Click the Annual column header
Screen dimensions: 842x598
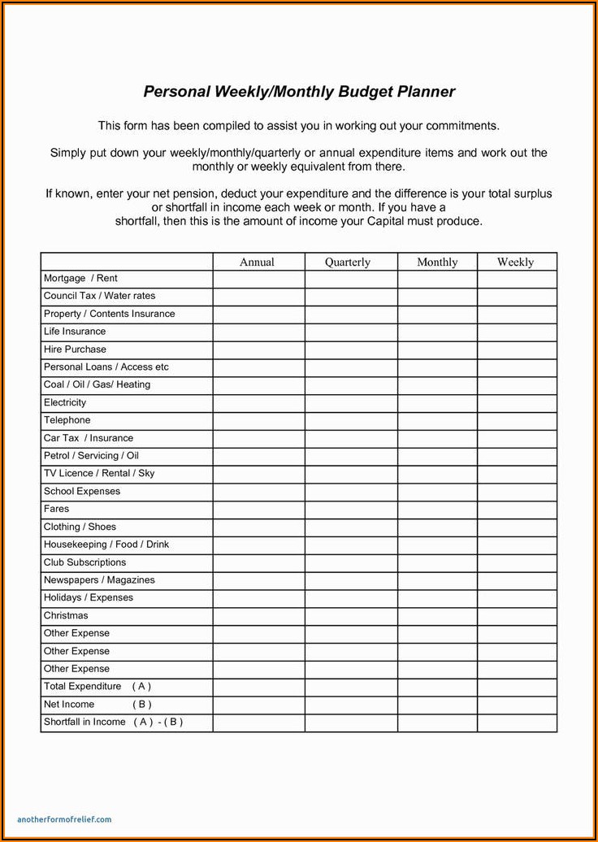(x=257, y=262)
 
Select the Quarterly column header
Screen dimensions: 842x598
(x=348, y=262)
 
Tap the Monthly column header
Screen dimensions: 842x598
(x=437, y=262)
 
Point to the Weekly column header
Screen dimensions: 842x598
(x=516, y=262)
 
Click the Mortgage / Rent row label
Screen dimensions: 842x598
(x=80, y=279)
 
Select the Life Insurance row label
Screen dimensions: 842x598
(x=75, y=332)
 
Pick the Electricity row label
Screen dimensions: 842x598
(x=65, y=402)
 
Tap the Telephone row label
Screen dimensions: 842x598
(x=67, y=420)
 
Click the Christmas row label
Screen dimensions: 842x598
(x=66, y=615)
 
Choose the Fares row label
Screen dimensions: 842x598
(x=57, y=509)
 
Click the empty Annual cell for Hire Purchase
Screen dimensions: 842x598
(x=259, y=349)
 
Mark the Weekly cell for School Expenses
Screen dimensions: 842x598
(x=517, y=491)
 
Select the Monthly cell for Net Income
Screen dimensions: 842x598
(x=437, y=705)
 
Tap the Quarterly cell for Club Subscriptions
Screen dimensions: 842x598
(x=351, y=562)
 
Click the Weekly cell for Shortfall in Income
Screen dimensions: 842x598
(x=517, y=723)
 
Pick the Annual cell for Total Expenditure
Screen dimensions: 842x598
(x=259, y=687)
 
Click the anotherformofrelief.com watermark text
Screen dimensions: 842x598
(x=64, y=819)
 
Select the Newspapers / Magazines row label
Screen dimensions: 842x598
(x=99, y=580)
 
